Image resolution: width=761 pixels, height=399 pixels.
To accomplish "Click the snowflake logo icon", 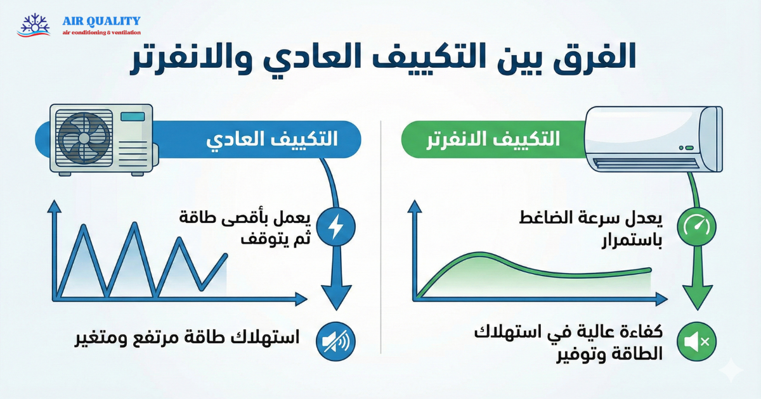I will click(x=34, y=24).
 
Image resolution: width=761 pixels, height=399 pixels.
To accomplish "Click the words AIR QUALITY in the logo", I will click(x=101, y=21).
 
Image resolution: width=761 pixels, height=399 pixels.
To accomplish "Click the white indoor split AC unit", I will click(x=653, y=137).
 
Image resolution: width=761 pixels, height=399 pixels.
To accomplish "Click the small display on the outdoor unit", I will click(x=133, y=117).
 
